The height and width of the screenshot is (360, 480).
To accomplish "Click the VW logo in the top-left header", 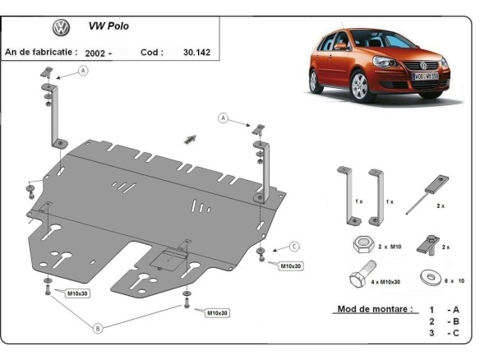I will (x=61, y=28).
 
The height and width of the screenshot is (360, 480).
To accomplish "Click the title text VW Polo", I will (x=108, y=26).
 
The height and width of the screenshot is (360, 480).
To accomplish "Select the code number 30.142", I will (x=196, y=51).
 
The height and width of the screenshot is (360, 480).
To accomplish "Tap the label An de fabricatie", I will (x=41, y=51).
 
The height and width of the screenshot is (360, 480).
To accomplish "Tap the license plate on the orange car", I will (x=425, y=76).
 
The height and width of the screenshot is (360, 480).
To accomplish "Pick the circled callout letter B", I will (x=98, y=328).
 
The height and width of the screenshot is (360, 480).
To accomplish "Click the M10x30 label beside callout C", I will (x=291, y=266).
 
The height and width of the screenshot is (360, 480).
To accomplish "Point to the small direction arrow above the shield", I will (x=191, y=139).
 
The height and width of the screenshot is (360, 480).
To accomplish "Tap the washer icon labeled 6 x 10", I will (x=429, y=278).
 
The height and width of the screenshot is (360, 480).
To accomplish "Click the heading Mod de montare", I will (x=374, y=309).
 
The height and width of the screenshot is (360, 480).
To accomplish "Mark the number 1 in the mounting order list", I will (x=431, y=310).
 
